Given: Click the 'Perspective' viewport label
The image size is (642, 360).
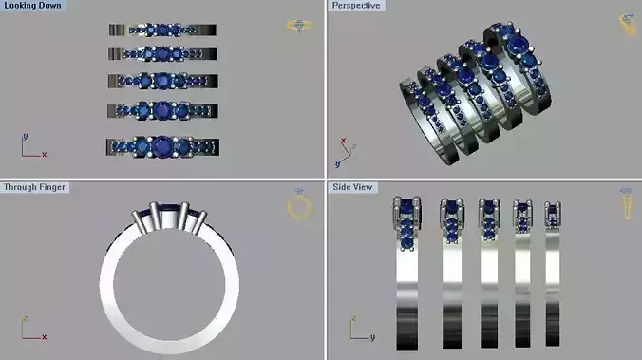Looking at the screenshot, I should (x=355, y=7).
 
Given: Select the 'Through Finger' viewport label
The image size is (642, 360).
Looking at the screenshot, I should (x=33, y=187).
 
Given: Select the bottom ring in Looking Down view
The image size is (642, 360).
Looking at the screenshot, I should (x=163, y=146).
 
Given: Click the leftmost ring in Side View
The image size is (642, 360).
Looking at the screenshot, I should (x=406, y=275).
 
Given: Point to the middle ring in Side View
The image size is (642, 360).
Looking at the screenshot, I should (x=488, y=275).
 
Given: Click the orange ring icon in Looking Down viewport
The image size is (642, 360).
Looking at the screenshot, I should (x=297, y=26).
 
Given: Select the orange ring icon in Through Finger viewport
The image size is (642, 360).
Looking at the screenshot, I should (x=297, y=207).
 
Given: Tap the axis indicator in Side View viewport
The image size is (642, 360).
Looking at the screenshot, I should (x=359, y=330).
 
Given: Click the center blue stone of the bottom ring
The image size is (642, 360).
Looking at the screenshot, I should (x=163, y=146).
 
